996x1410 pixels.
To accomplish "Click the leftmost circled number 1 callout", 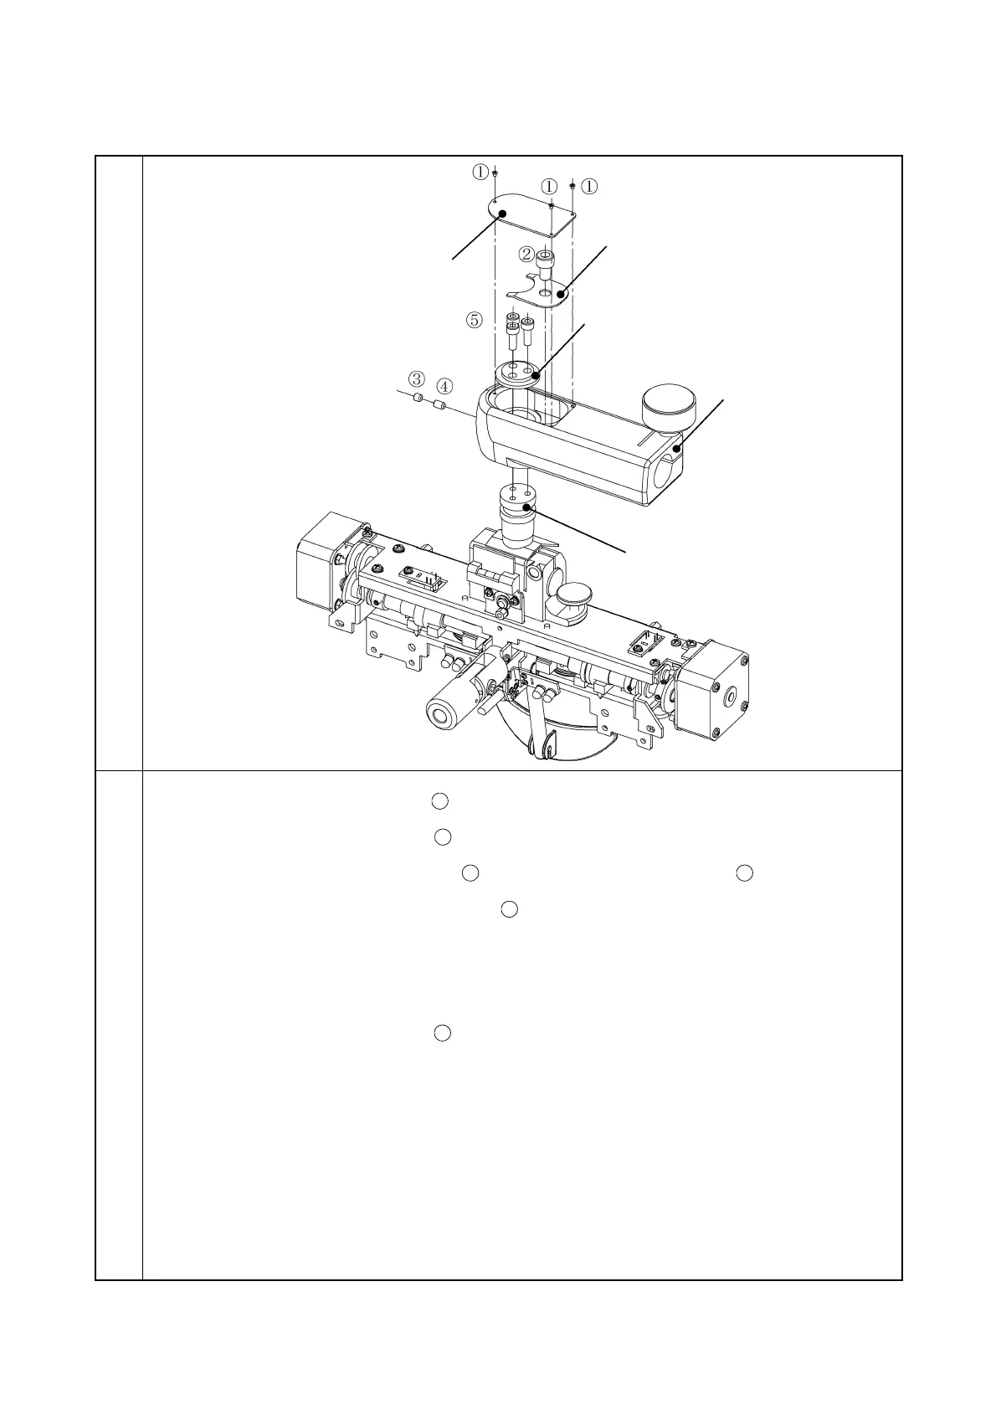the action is (480, 172).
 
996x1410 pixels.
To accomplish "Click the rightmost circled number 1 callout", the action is (589, 186).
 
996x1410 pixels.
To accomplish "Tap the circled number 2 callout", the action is (526, 253).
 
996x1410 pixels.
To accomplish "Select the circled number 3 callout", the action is (416, 378).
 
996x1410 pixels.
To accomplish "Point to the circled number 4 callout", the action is (444, 386).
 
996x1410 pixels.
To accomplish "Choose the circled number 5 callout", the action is (475, 319).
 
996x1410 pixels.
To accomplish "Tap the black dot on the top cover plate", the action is (503, 214).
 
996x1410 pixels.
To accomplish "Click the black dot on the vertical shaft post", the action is (526, 507).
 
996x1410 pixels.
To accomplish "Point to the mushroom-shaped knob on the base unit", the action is (576, 598).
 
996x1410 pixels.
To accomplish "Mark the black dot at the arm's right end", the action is (677, 449).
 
